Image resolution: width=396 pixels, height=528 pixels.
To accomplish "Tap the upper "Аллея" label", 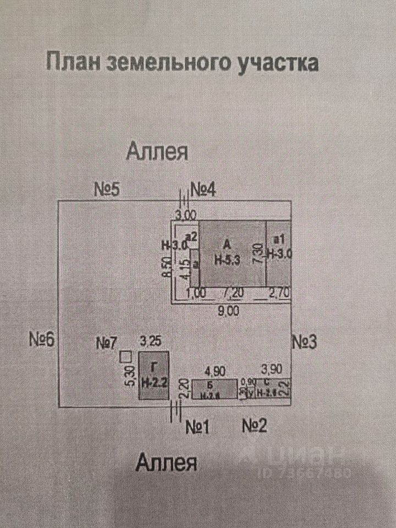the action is tap(157, 151).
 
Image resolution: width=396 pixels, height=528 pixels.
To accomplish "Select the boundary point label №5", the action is tap(107, 190).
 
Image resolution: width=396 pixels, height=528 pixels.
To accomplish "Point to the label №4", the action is tap(204, 190).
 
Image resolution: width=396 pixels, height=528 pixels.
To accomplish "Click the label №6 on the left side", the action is tap(42, 339).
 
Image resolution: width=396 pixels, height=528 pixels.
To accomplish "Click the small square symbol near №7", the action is tap(125, 357).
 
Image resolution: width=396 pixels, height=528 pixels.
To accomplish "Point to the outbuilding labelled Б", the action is tap(215, 388).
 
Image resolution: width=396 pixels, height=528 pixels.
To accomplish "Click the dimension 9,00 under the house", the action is tap(228, 311).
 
